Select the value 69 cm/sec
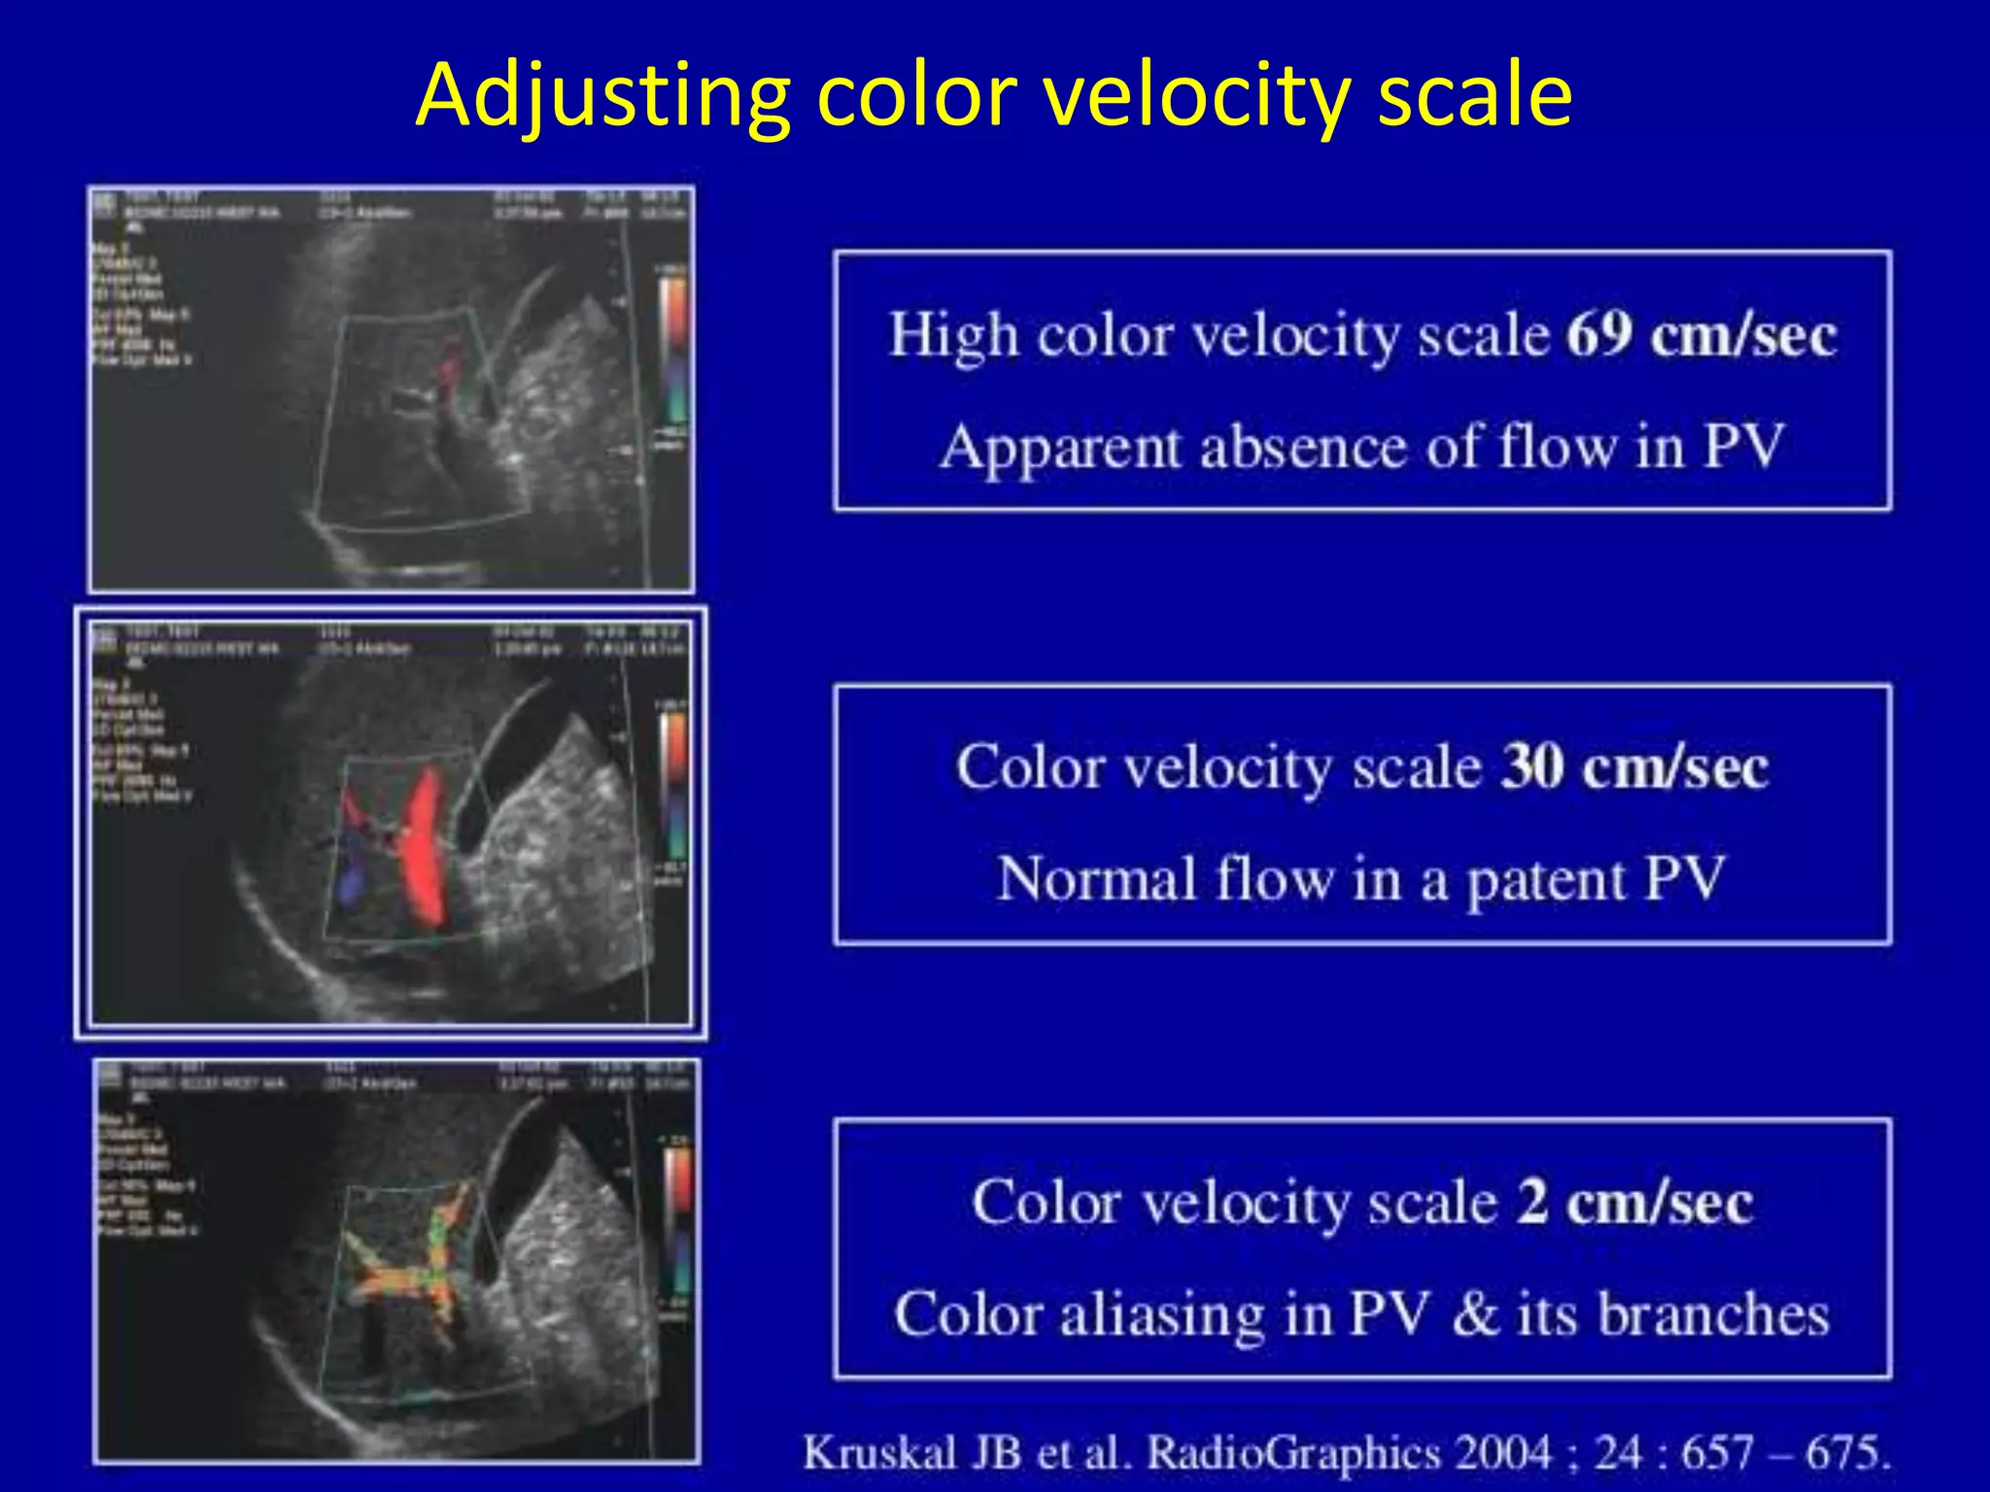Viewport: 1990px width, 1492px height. (1700, 336)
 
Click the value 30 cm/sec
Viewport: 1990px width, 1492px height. (1634, 768)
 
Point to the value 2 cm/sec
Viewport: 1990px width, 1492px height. (1634, 1203)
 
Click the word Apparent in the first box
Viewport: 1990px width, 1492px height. (1059, 449)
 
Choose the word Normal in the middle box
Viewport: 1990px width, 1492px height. (1095, 880)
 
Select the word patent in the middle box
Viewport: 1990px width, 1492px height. (1545, 880)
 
